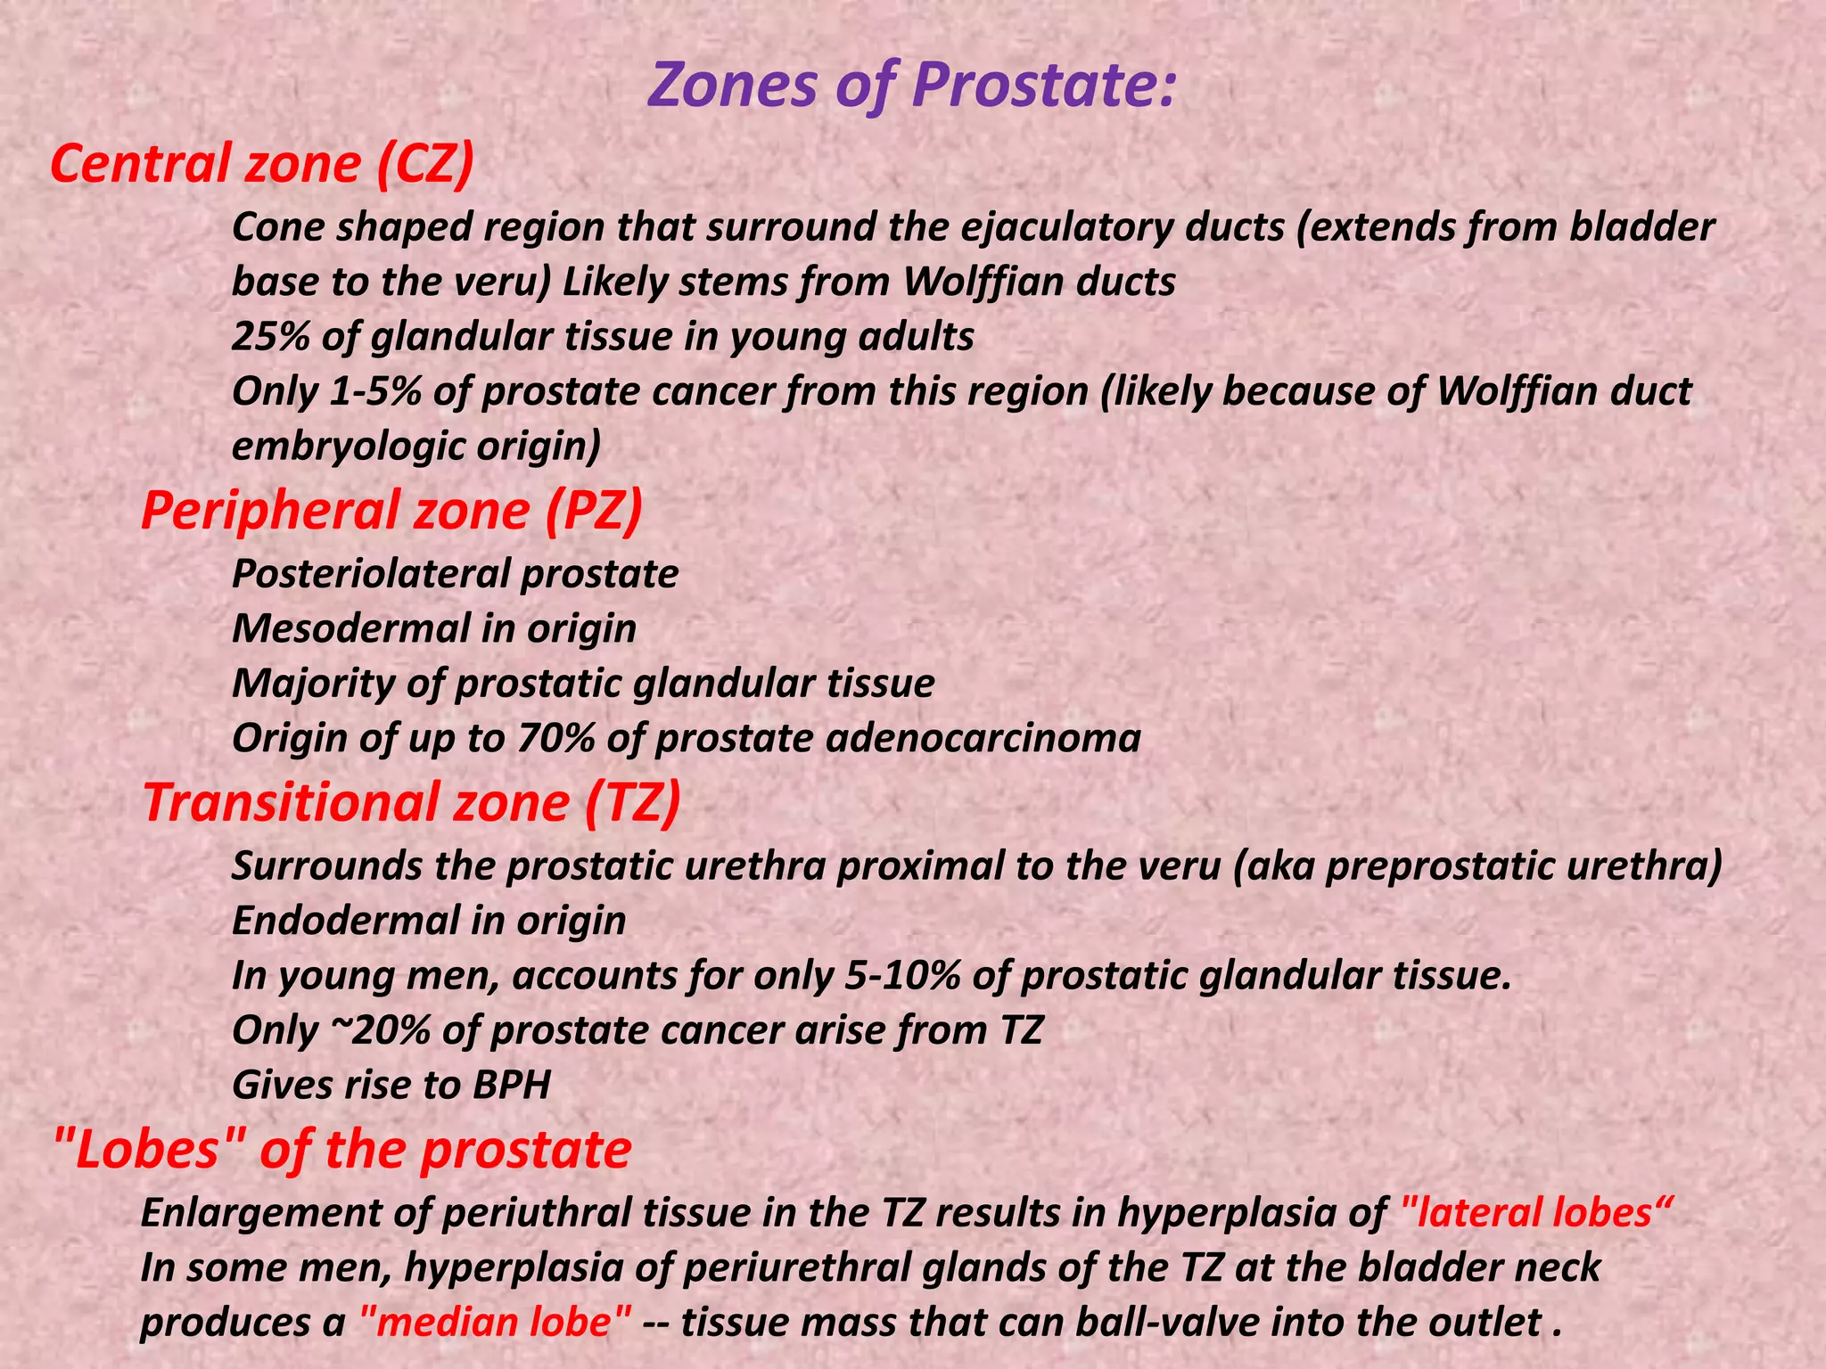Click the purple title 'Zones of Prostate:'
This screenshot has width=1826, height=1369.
(911, 86)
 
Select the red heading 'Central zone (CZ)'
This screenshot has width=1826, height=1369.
(262, 164)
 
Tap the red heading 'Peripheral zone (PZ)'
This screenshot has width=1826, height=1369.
(391, 511)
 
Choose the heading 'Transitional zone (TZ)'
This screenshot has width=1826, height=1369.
(412, 801)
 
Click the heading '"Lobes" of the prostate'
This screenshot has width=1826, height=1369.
(341, 1149)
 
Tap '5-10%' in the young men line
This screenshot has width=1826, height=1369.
(901, 975)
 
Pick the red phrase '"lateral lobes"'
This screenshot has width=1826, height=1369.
(1530, 1213)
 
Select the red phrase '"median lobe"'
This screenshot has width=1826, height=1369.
(497, 1322)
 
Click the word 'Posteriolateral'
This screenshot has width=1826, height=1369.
(370, 574)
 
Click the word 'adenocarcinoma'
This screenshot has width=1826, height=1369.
(983, 738)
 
